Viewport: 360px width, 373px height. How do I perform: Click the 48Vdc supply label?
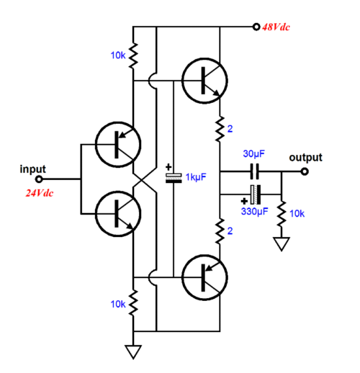click(276, 27)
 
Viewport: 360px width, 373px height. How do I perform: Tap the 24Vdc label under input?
click(40, 193)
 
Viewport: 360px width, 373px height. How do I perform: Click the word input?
click(32, 169)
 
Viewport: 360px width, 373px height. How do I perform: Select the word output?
click(305, 158)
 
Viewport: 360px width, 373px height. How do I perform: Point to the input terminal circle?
click(39, 179)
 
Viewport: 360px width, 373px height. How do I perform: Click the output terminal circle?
click(305, 171)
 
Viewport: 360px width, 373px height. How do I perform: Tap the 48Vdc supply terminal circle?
click(256, 27)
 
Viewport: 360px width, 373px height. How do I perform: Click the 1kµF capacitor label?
click(196, 177)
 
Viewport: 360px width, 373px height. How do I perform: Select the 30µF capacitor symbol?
click(255, 171)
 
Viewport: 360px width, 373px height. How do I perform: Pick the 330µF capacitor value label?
click(254, 212)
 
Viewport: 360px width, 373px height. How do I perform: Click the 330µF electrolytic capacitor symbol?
click(256, 194)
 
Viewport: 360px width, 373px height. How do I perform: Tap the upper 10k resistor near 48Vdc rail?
click(133, 55)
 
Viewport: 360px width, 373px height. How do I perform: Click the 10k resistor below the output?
click(282, 214)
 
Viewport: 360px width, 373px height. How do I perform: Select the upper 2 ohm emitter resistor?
click(220, 129)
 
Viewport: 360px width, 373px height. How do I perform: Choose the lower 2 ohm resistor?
click(220, 231)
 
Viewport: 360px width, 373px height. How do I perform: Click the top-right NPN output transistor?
click(204, 81)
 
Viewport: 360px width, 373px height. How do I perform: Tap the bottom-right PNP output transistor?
click(204, 277)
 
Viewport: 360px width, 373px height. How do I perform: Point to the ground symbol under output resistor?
click(282, 244)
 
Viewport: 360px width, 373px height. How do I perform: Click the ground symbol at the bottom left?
click(133, 352)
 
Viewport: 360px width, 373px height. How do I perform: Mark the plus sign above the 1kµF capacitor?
click(168, 167)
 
